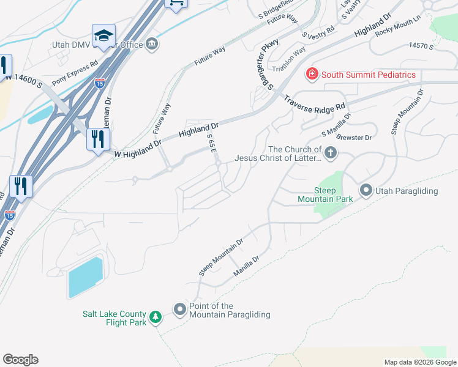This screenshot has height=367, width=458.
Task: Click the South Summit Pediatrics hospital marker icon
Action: (312, 75)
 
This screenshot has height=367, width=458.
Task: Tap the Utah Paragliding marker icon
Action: (366, 190)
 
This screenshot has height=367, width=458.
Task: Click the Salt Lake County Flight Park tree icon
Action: (156, 317)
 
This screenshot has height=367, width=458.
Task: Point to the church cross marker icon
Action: (331, 152)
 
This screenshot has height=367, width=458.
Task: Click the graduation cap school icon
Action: (103, 37)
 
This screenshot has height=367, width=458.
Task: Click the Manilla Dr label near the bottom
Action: (247, 267)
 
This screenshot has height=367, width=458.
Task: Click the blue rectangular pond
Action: (84, 277)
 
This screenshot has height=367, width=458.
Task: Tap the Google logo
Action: (20, 360)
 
